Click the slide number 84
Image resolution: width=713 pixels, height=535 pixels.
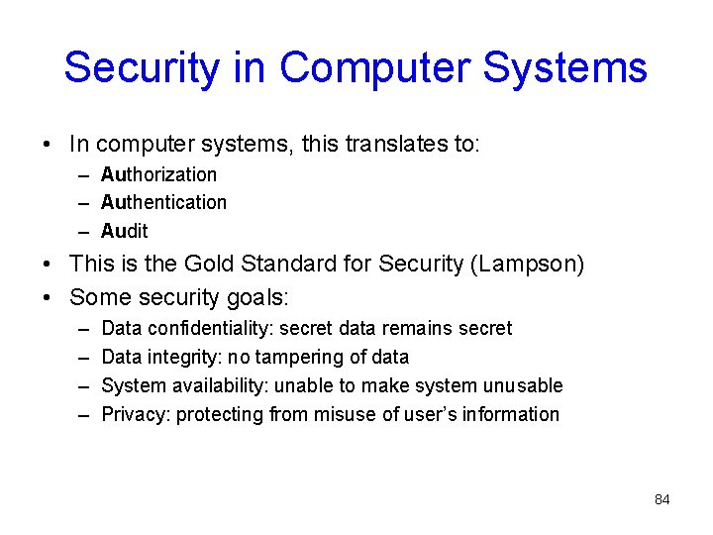(662, 499)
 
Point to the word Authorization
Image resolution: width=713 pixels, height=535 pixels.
(158, 174)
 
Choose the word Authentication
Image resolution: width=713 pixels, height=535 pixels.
(163, 202)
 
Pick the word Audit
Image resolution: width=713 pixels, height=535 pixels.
(125, 231)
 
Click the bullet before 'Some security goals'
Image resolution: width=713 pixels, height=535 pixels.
(50, 296)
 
